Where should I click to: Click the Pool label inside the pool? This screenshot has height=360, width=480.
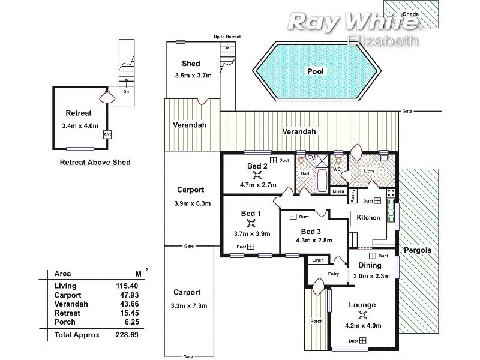pyautogui.click(x=315, y=71)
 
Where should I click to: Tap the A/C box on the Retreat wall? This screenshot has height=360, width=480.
pyautogui.click(x=107, y=134)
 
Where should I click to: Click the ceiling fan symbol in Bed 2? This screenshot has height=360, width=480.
pyautogui.click(x=257, y=175)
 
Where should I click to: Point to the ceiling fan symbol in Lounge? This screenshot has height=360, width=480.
pyautogui.click(x=362, y=314)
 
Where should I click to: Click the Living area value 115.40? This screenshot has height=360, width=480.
pyautogui.click(x=127, y=286)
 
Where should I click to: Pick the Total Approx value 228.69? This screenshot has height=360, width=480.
pyautogui.click(x=127, y=334)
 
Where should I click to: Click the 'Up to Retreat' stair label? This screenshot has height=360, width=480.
pyautogui.click(x=227, y=37)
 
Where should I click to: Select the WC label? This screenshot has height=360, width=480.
pyautogui.click(x=337, y=170)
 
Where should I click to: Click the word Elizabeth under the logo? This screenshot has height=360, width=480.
pyautogui.click(x=382, y=40)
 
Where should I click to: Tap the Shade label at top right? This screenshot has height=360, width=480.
pyautogui.click(x=411, y=13)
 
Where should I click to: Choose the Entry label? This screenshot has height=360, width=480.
pyautogui.click(x=333, y=274)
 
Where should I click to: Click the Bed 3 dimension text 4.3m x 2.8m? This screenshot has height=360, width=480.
pyautogui.click(x=314, y=241)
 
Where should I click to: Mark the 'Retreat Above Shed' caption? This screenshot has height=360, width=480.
pyautogui.click(x=95, y=162)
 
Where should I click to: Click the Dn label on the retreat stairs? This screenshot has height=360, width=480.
pyautogui.click(x=126, y=92)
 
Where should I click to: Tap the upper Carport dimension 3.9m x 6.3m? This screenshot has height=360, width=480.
pyautogui.click(x=190, y=203)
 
